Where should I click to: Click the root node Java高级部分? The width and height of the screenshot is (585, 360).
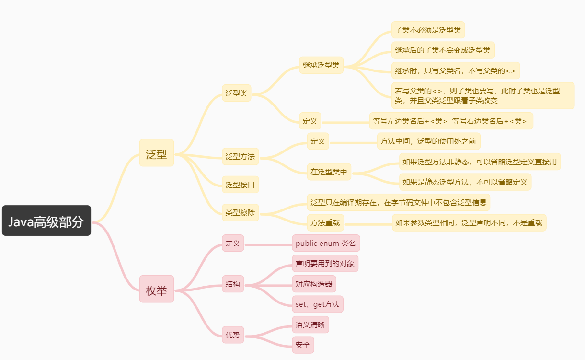tap(46, 221)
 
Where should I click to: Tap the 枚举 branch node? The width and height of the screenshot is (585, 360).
tap(156, 289)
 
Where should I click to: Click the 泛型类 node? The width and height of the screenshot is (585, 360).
tap(237, 93)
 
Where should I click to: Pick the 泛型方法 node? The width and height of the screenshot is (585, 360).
tap(240, 156)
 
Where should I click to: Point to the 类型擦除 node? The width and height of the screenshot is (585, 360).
tap(240, 212)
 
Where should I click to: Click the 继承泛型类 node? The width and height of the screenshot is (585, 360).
tap(321, 65)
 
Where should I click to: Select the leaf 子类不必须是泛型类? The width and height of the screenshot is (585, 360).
tap(428, 30)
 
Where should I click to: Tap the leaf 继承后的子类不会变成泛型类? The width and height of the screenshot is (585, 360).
tap(443, 50)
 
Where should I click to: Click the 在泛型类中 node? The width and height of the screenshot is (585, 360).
tap(329, 172)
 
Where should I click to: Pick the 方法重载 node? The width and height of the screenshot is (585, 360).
tap(325, 222)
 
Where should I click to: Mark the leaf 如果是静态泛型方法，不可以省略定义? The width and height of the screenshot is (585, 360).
tap(465, 182)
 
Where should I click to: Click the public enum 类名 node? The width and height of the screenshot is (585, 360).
tap(326, 243)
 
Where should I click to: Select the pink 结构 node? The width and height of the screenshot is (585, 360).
tap(233, 284)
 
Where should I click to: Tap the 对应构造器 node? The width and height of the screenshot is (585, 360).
tap(314, 284)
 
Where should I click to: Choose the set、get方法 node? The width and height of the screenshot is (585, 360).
tap(318, 304)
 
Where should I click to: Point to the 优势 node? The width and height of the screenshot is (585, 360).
tap(233, 335)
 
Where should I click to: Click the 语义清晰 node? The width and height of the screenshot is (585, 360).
tap(310, 325)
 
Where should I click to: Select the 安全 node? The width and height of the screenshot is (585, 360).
tap(303, 345)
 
